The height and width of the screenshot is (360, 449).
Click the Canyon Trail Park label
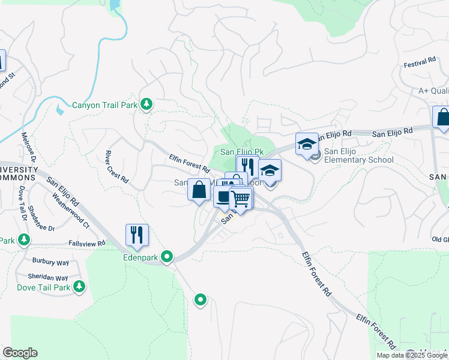[x=105, y=105]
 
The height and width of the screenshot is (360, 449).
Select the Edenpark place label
[x=142, y=257]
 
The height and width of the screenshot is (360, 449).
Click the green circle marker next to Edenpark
[x=167, y=257]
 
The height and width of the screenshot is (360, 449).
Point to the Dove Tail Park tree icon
[x=79, y=287]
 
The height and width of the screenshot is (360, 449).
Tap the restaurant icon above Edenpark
[x=137, y=235]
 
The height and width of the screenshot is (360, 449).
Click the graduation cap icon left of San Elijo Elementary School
[x=307, y=145]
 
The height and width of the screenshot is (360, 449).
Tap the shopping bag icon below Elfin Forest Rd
[x=199, y=190]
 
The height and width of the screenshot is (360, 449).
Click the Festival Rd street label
[x=420, y=63]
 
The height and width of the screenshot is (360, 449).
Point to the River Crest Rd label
[x=116, y=167]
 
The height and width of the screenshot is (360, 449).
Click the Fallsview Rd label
[x=87, y=243]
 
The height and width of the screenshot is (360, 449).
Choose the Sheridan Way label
[x=48, y=277]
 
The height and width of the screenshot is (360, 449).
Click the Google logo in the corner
[x=20, y=353]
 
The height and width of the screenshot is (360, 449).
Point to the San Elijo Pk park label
[x=242, y=152]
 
